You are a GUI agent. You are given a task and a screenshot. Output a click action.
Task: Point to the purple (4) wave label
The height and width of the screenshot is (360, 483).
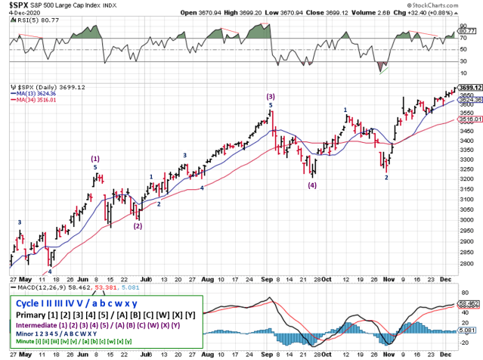[312, 185]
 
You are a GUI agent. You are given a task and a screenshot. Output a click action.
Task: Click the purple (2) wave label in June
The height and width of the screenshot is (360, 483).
[138, 225]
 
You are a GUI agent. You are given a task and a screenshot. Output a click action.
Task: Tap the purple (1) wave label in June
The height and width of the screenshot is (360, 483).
[95, 158]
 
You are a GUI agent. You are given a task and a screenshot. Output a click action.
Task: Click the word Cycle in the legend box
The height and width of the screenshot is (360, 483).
[30, 301]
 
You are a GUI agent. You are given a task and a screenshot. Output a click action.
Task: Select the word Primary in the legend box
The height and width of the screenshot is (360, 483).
[35, 314]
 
